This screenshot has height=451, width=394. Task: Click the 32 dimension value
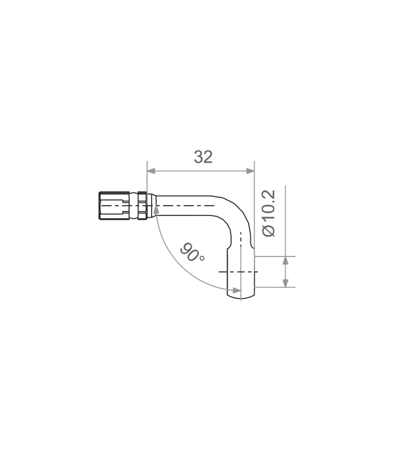(203, 157)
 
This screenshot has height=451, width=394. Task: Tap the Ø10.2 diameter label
(269, 213)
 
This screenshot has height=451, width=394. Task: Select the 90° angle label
(192, 252)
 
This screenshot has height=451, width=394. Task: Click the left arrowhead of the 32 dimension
(151, 171)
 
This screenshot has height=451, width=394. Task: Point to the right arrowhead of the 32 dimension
(250, 171)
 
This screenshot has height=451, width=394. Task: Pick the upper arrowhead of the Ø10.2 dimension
(285, 260)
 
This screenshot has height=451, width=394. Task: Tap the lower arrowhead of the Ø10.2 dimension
(285, 283)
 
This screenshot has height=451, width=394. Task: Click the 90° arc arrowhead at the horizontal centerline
(156, 210)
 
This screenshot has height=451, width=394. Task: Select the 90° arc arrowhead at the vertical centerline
(236, 290)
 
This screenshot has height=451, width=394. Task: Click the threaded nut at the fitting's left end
(114, 206)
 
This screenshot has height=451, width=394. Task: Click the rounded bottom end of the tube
(241, 297)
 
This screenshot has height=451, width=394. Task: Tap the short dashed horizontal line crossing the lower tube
(238, 272)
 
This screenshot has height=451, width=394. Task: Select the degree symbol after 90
(202, 258)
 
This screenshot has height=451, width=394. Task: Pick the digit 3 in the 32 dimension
(198, 157)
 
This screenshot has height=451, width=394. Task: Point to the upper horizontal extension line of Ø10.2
(275, 257)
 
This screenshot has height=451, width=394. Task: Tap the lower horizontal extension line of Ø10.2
(275, 287)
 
